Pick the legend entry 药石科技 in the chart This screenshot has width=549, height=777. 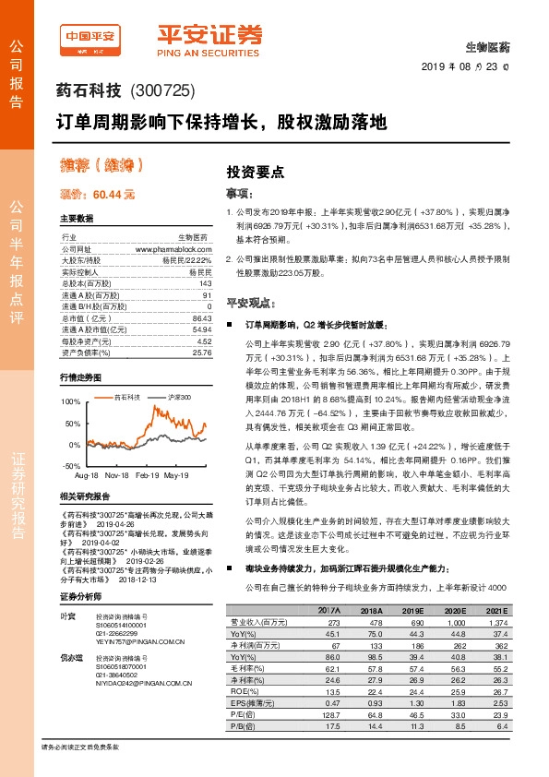[125, 396]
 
